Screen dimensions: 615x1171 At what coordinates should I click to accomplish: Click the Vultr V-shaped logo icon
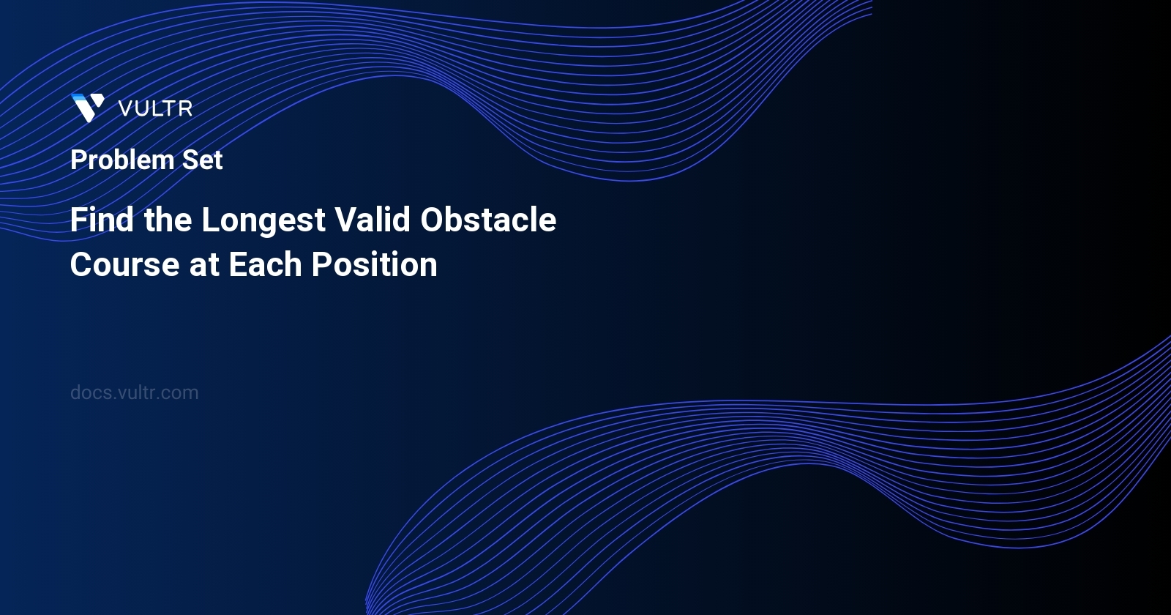(88, 108)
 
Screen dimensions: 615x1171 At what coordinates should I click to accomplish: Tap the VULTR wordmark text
(155, 109)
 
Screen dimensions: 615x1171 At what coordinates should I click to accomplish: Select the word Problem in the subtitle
(122, 160)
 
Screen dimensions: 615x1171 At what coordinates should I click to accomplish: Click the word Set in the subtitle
(203, 160)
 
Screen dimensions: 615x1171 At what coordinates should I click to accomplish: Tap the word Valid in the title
(373, 220)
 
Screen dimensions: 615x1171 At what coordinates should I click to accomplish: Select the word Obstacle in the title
(488, 220)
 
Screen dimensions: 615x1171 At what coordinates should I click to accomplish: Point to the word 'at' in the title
(204, 265)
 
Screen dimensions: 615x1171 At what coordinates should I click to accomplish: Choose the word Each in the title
(266, 265)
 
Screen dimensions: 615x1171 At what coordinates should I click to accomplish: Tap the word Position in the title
(375, 265)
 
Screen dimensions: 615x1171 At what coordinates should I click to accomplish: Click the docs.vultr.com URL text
(135, 392)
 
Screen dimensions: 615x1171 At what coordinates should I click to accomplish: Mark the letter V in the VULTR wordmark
(125, 109)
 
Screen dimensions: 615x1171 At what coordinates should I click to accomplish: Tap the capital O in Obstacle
(434, 220)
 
